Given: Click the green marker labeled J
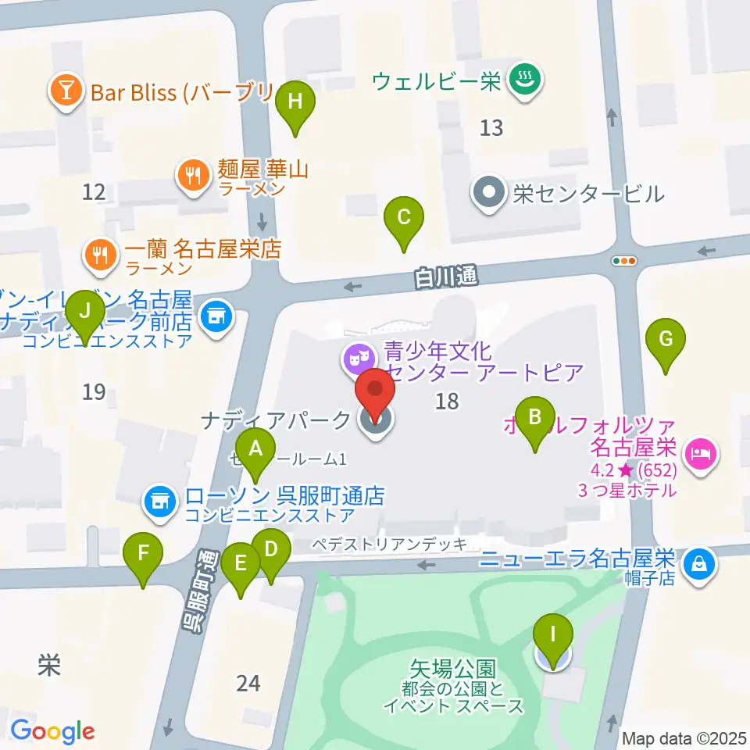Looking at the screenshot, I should point(86,314).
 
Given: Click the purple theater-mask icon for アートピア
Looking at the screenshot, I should point(357,360).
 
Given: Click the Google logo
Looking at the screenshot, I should point(52,732).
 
